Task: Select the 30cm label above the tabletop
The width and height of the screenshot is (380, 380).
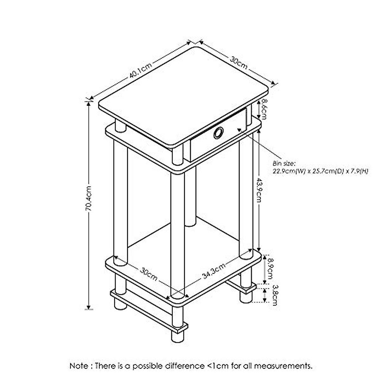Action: pos(238,62)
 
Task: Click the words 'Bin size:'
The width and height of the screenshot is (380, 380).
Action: pos(284,164)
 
